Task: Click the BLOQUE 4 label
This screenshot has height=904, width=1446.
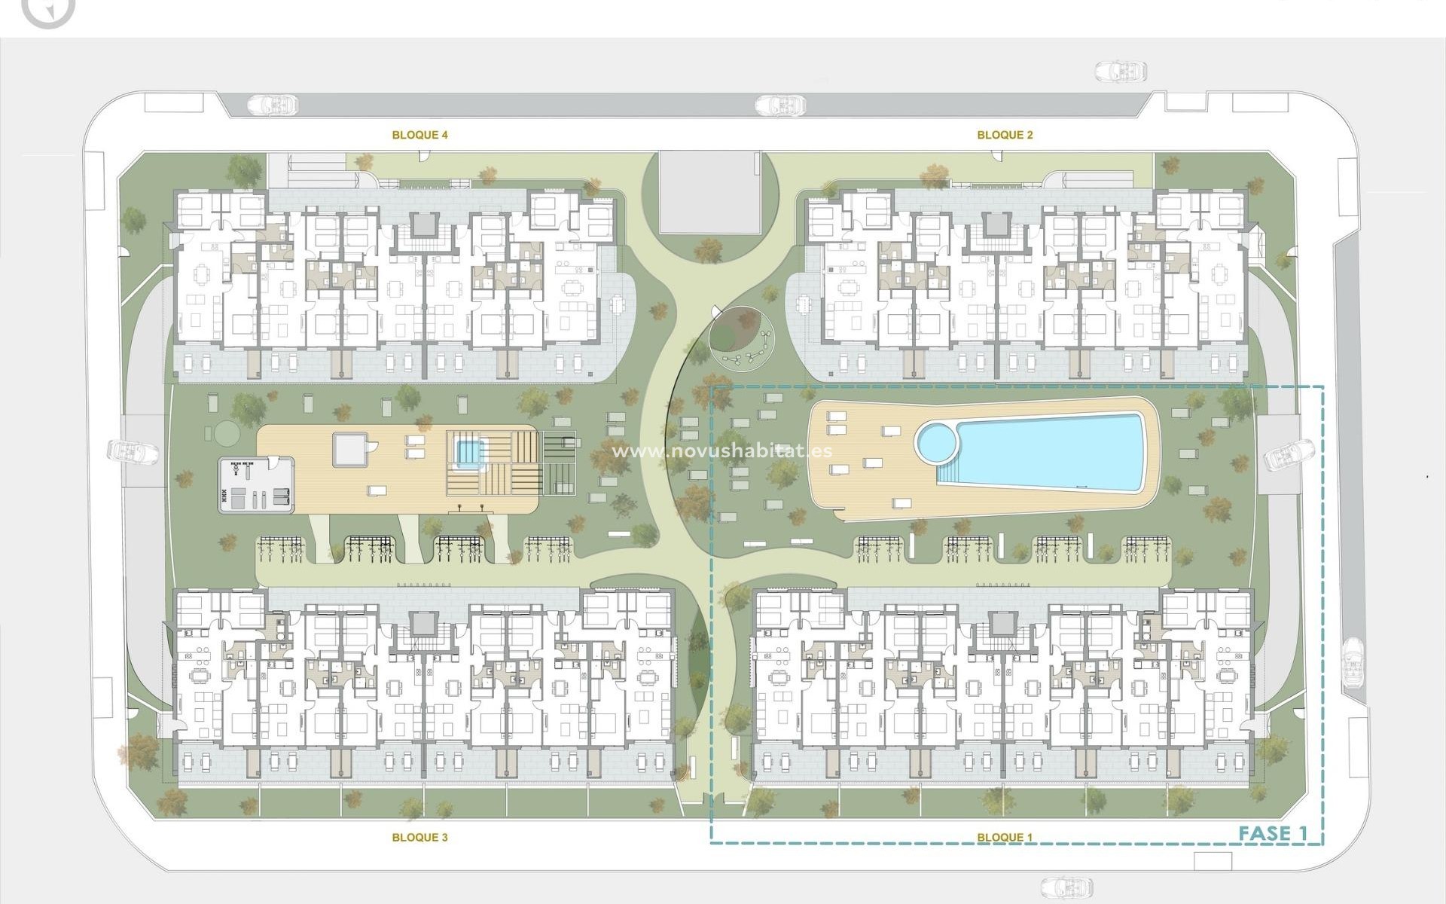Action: [420, 136]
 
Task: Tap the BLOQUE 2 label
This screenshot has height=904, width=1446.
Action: [1005, 136]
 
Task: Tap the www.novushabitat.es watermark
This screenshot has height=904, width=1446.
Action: [722, 451]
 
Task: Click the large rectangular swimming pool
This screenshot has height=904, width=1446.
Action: [1054, 452]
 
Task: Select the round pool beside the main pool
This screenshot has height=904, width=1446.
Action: [936, 444]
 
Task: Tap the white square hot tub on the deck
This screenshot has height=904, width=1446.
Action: [352, 450]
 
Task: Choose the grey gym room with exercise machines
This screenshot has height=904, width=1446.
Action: [256, 484]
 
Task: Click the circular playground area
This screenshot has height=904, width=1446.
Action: [740, 340]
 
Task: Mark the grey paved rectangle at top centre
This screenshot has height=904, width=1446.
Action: [709, 192]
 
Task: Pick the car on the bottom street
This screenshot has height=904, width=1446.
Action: [1067, 886]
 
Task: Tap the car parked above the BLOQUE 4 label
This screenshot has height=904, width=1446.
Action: [272, 103]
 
